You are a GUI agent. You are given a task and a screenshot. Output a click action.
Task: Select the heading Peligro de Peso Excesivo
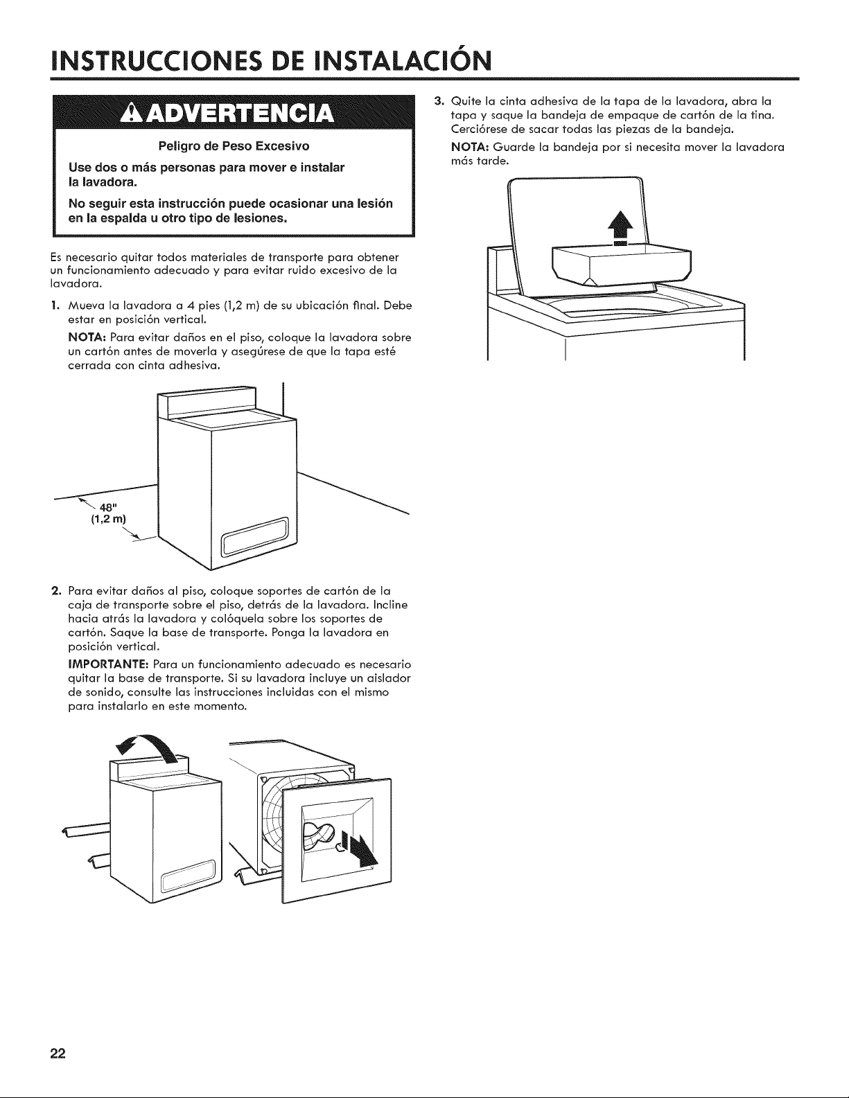click(234, 146)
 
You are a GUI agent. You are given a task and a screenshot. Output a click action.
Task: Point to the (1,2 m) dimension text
click(108, 520)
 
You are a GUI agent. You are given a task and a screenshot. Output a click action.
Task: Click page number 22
click(58, 1052)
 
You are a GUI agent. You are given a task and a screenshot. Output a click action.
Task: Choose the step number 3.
click(439, 100)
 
